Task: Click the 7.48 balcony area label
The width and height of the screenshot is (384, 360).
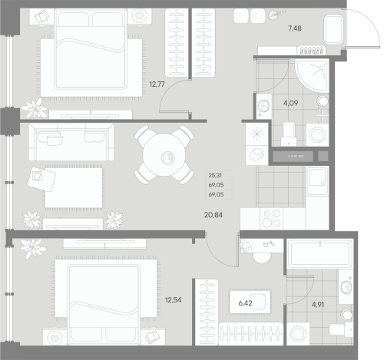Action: [295, 29]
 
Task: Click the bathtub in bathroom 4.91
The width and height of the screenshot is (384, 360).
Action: [319, 253]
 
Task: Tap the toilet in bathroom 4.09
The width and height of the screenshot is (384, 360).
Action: [289, 133]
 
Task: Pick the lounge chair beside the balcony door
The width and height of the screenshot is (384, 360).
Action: [335, 31]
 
